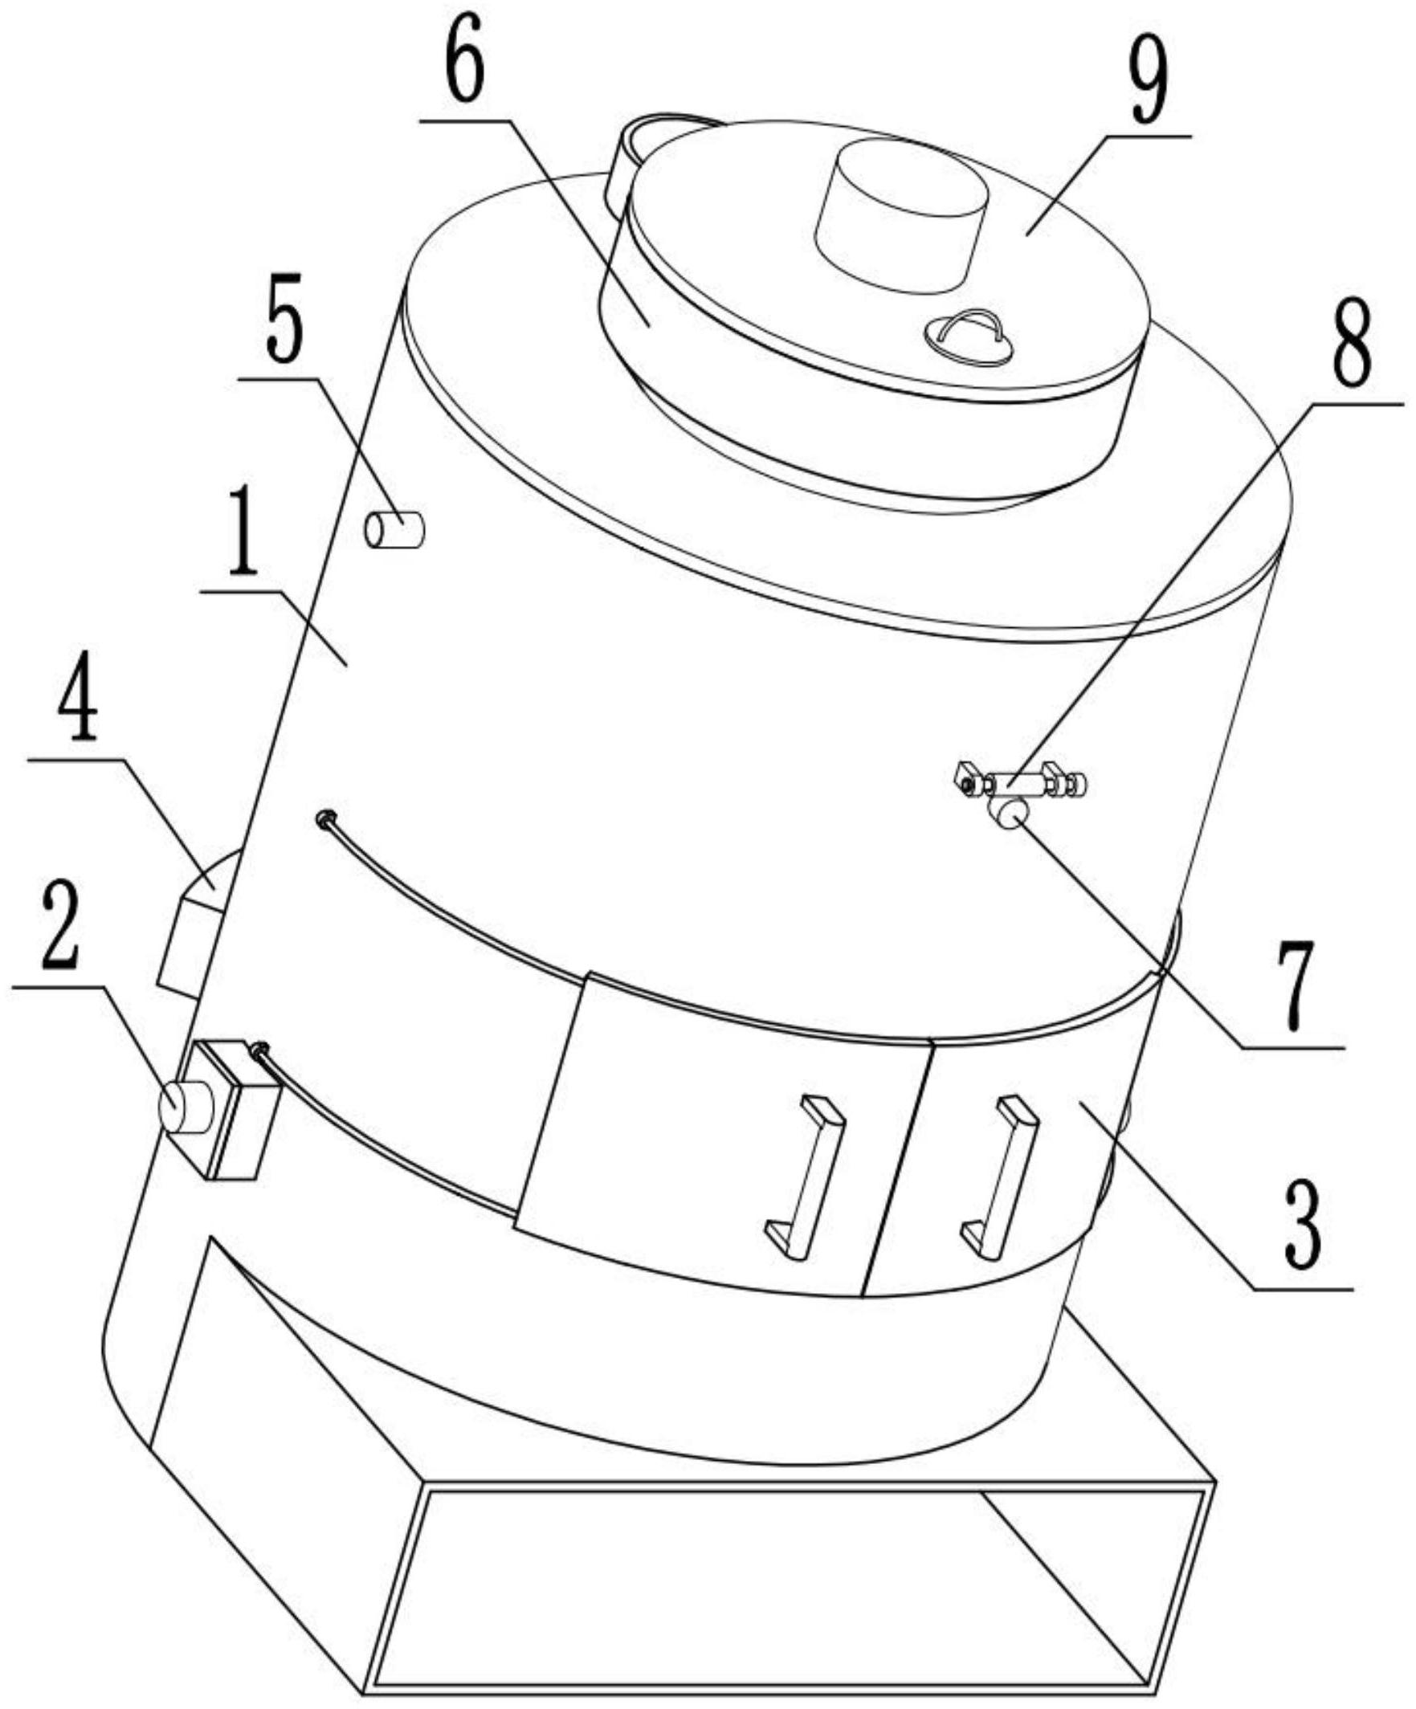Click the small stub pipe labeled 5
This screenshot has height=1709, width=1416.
394,529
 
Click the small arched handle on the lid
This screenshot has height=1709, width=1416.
969,332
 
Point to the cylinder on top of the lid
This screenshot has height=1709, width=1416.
902,216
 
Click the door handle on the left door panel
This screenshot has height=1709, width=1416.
805,1177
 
